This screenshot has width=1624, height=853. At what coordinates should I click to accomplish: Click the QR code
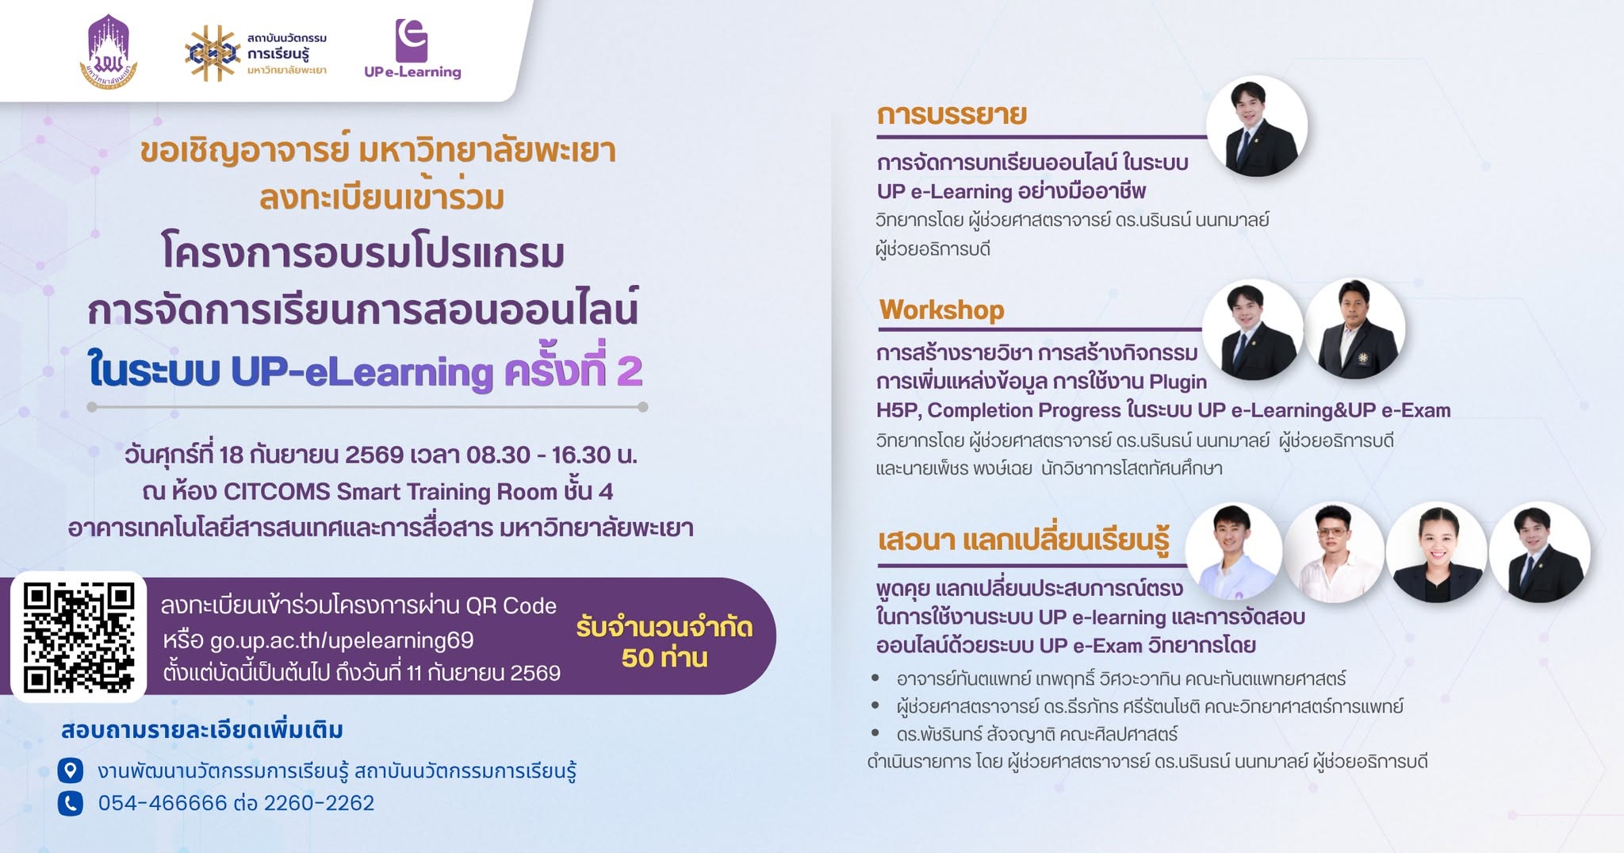coord(79,637)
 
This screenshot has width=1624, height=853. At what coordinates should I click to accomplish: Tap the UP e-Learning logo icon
coord(412,40)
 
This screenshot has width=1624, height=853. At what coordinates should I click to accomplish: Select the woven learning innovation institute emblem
coord(213,53)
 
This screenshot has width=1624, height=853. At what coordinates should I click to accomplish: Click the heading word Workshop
coord(941,309)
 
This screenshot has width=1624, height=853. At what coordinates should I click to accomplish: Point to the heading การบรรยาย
coord(952,114)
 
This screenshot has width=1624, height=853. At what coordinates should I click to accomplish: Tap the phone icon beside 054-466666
coord(71,804)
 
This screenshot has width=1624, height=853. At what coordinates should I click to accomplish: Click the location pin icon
coord(71,770)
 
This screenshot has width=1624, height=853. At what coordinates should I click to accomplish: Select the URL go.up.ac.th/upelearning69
coord(342,640)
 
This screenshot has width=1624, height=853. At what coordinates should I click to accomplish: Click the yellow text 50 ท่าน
coord(665,658)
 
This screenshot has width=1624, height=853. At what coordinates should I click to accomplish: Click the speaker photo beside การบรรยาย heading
coord(1257,126)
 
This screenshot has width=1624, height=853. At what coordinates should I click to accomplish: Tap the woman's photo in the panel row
coord(1437,553)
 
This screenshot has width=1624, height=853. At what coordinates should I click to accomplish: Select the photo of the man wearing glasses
coord(1335,553)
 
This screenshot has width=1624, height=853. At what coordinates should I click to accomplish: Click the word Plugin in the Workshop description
coord(1178,382)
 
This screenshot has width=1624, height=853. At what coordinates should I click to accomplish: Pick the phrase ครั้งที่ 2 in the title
coord(573,370)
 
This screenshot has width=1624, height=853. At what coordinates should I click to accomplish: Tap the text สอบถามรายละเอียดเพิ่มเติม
coord(202,730)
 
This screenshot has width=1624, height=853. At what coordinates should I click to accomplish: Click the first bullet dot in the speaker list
coord(875,678)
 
